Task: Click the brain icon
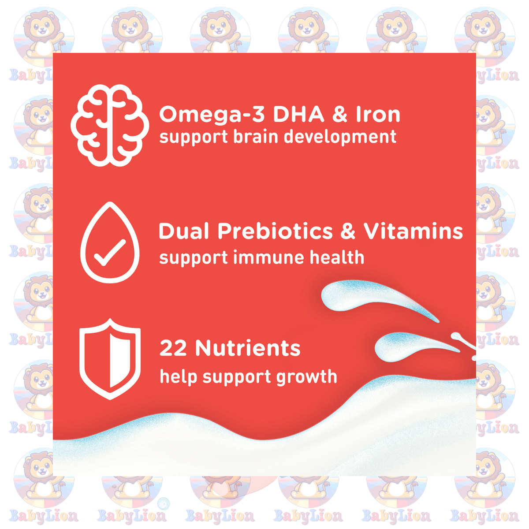[110, 125]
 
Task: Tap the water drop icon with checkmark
[110, 242]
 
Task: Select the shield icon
[110, 359]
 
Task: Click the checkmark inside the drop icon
[109, 253]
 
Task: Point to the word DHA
[299, 114]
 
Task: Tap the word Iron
[378, 114]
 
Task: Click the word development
[340, 137]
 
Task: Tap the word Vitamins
[414, 231]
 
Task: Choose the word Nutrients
[248, 348]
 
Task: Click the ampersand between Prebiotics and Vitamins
[348, 231]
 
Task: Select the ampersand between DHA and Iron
[340, 114]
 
